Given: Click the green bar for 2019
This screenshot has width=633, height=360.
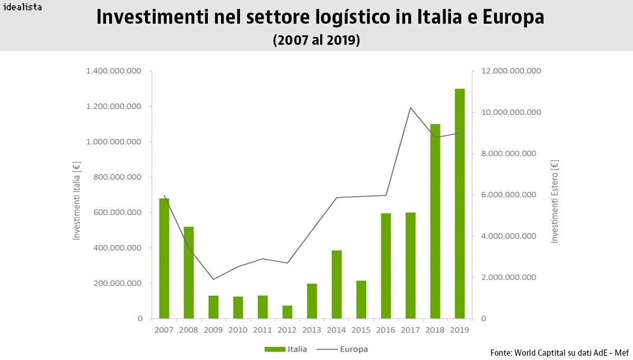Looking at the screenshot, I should (459, 203).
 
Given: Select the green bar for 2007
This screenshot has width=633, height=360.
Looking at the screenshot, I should (164, 258).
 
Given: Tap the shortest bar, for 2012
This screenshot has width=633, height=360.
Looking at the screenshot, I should (287, 312).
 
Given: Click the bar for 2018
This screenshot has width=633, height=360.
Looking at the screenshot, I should (435, 221).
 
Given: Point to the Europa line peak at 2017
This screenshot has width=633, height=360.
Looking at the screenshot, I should (410, 108).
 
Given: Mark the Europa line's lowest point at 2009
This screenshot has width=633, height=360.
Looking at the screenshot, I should (213, 279).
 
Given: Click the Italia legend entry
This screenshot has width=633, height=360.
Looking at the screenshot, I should (285, 349).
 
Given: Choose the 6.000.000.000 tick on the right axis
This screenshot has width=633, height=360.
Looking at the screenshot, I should (506, 195).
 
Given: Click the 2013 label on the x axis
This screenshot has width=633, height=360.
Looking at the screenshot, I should (312, 329).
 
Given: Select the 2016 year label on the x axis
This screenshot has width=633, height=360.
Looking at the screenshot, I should (386, 329).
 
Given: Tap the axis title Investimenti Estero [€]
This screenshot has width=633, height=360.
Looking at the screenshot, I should (554, 202).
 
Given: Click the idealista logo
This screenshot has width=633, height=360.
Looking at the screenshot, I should (23, 7).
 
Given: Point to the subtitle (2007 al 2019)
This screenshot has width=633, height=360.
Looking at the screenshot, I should (316, 41).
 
